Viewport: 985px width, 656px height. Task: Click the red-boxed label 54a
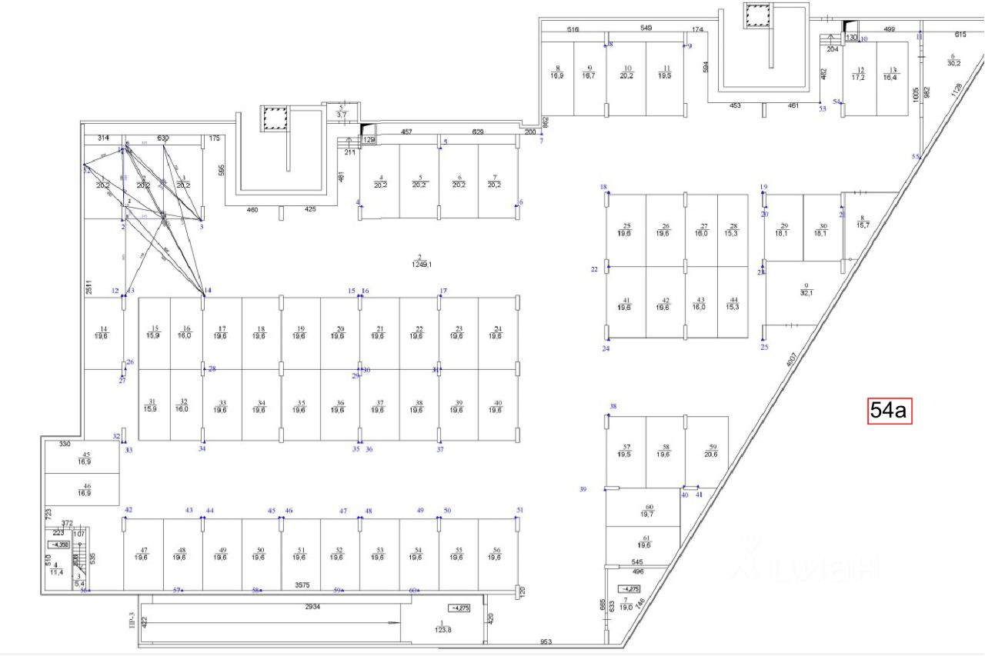890,411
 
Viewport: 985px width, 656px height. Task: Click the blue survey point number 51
519,510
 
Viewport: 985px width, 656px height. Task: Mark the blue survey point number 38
613,406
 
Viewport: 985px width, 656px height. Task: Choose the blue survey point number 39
583,489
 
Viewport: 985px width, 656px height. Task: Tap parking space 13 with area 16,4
890,74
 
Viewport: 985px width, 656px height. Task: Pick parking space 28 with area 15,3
733,228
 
